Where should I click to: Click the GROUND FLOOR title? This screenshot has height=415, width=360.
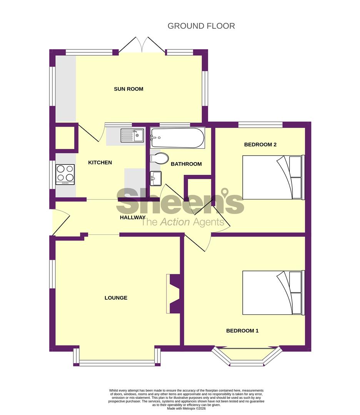pos(201,26)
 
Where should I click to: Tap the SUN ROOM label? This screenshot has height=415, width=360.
pos(128,89)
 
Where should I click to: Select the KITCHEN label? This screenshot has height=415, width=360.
pos(100,163)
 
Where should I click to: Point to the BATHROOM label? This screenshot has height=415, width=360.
pos(186,164)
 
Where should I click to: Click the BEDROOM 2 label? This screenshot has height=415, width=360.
pos(260,144)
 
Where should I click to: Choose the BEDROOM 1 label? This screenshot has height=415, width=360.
pos(242,330)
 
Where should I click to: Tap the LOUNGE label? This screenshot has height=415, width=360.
pos(116,298)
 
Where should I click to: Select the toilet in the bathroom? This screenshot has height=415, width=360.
pos(160,158)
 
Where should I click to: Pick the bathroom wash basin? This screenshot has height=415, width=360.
pos(156,178)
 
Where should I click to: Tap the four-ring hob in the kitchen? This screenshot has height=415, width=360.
pos(65,174)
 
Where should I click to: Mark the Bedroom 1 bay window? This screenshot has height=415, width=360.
pos(247,357)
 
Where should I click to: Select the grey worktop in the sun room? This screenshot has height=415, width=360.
pos(65,88)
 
